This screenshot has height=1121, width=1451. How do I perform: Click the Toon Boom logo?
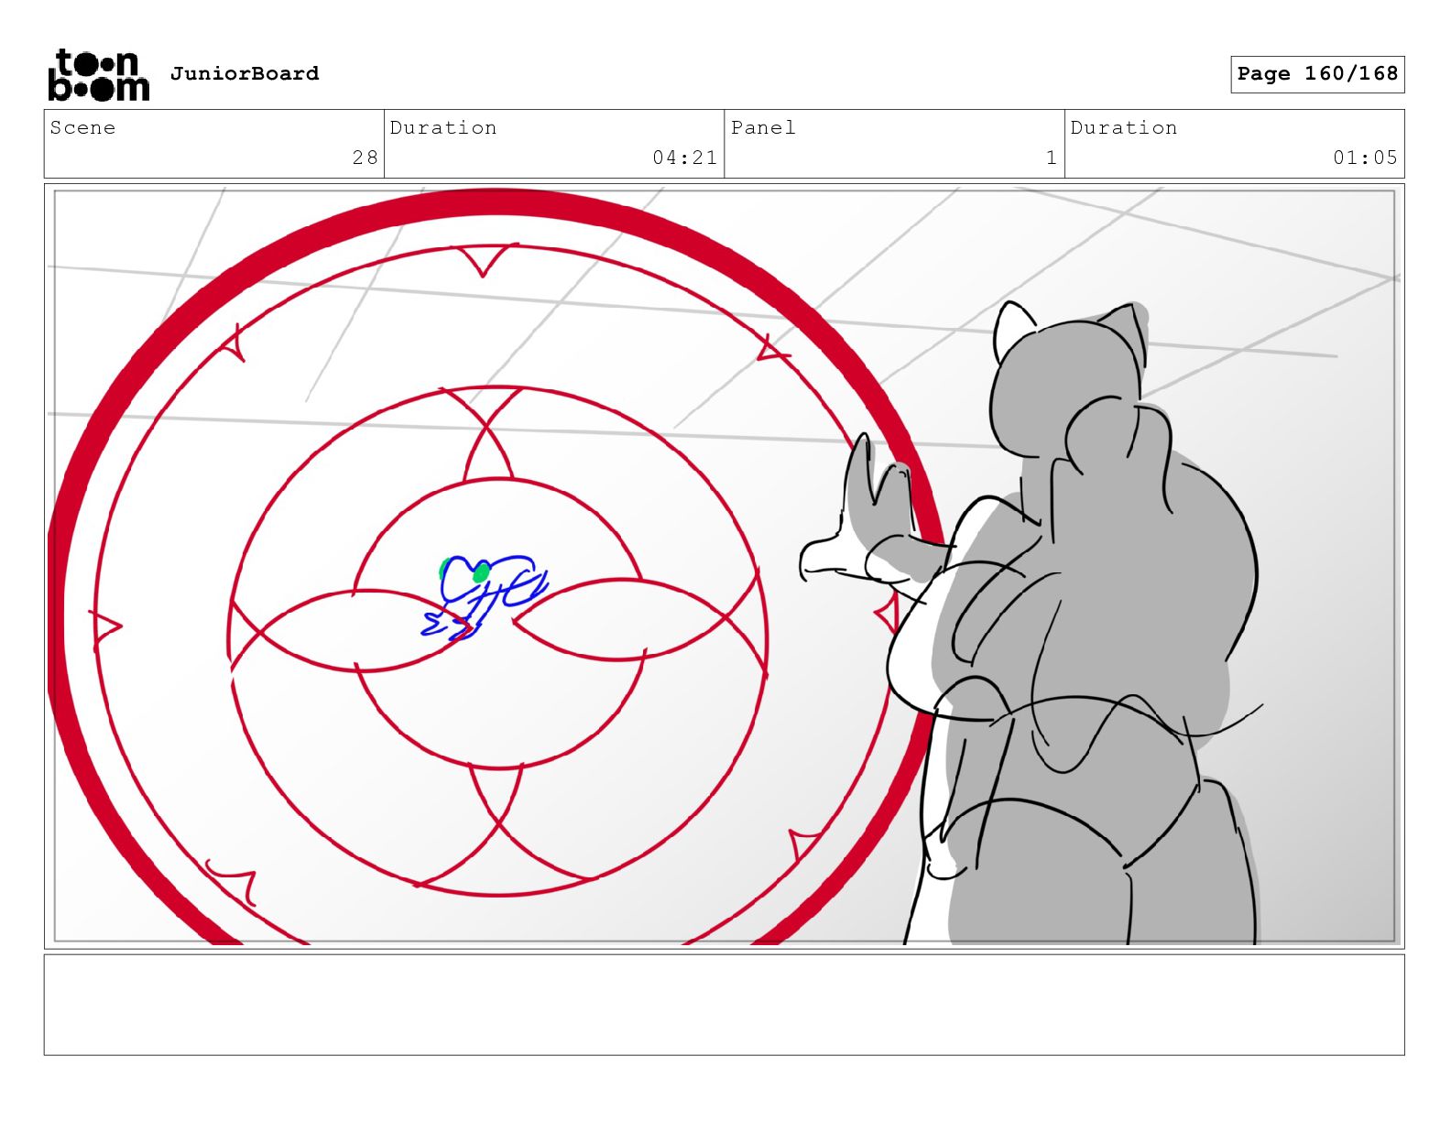[99, 75]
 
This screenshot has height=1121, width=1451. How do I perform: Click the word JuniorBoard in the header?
[245, 73]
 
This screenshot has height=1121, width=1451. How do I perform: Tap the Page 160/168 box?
[1316, 74]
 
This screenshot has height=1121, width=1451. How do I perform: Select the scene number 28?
[365, 158]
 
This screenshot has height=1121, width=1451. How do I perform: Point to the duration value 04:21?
[684, 158]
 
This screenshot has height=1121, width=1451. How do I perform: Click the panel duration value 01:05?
[1365, 158]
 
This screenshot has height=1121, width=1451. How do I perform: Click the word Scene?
[82, 127]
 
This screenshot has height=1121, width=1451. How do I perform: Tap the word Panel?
[763, 127]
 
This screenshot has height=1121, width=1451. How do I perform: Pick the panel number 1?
[1051, 158]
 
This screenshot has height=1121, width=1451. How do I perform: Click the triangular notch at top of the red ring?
[484, 260]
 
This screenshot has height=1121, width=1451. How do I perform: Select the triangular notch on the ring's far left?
[104, 627]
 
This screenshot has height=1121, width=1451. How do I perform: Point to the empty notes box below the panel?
[724, 1005]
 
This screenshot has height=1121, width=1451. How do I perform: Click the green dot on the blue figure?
[481, 572]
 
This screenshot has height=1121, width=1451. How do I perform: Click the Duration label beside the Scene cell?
[442, 127]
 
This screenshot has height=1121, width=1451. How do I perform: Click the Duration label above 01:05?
[1124, 127]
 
